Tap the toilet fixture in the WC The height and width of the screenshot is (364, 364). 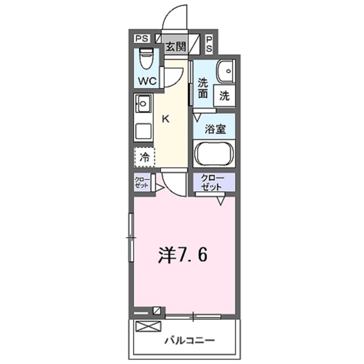[147, 59]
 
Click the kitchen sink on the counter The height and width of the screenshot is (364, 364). [143, 105]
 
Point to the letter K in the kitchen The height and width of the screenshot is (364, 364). [166, 119]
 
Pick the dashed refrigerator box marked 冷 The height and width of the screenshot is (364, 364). [144, 156]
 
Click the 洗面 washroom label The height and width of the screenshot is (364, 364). [202, 88]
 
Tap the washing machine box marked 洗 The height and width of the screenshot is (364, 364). [225, 96]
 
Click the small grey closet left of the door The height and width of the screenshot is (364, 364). [141, 184]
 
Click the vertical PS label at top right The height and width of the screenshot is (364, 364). [209, 44]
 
